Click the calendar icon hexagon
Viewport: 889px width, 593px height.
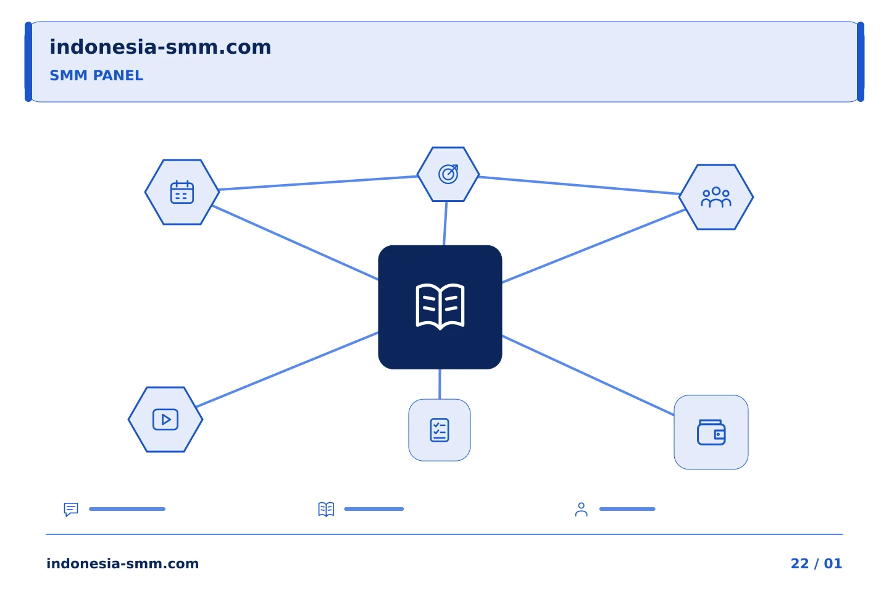[x=182, y=192]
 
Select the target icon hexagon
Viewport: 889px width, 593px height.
[x=448, y=174]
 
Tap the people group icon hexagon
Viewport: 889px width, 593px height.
[x=716, y=197]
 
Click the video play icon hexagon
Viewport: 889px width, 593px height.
[x=165, y=419]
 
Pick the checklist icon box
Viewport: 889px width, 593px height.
[x=440, y=430]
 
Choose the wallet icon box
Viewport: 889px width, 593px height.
[x=711, y=432]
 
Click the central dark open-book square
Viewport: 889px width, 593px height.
[x=440, y=307]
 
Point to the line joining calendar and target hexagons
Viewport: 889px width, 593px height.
[x=318, y=183]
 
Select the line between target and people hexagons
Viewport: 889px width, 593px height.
[x=579, y=185]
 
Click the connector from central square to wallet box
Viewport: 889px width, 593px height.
[x=588, y=376]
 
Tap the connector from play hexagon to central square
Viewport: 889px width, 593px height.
[x=287, y=370]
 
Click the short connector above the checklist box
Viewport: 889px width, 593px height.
[x=440, y=384]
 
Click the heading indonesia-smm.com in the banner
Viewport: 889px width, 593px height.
[x=161, y=47]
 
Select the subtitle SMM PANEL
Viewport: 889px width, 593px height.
[x=96, y=75]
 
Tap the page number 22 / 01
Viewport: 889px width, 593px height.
[x=816, y=563]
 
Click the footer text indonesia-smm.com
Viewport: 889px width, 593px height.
[x=122, y=563]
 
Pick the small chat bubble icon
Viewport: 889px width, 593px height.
[x=71, y=509]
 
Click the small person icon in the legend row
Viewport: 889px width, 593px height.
[x=581, y=509]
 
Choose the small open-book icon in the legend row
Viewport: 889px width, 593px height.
[x=326, y=509]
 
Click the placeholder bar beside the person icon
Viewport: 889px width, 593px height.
[x=627, y=509]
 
